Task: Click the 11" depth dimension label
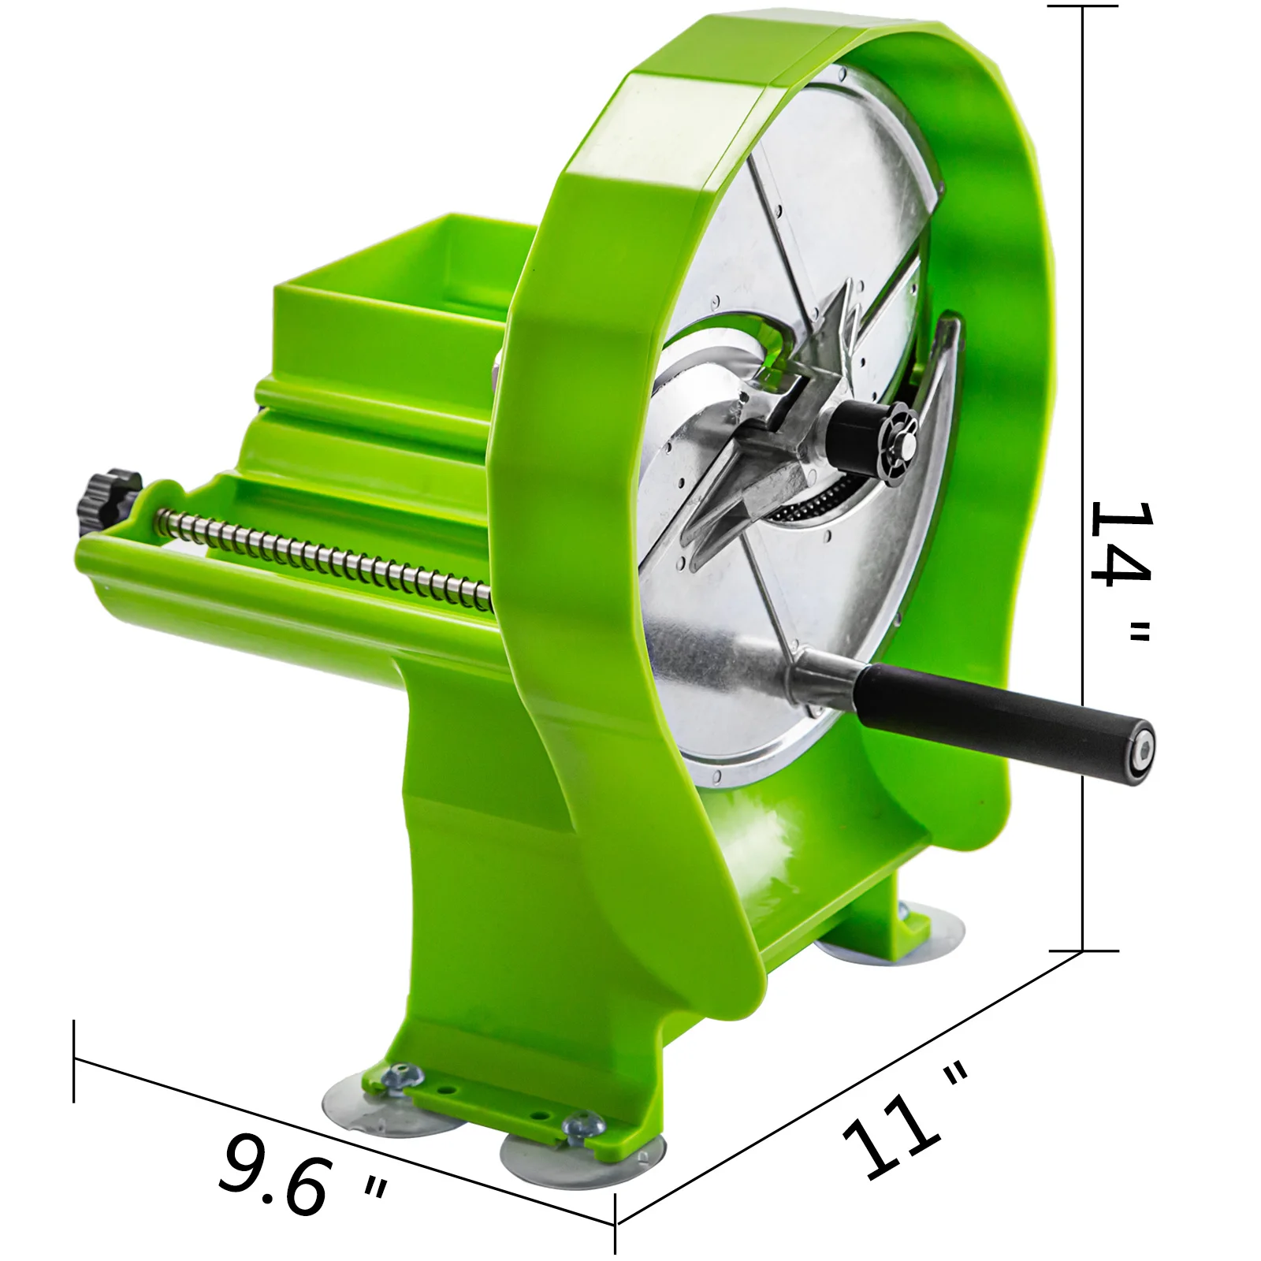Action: pyautogui.click(x=906, y=1119)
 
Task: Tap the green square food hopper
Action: pyautogui.click(x=394, y=315)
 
